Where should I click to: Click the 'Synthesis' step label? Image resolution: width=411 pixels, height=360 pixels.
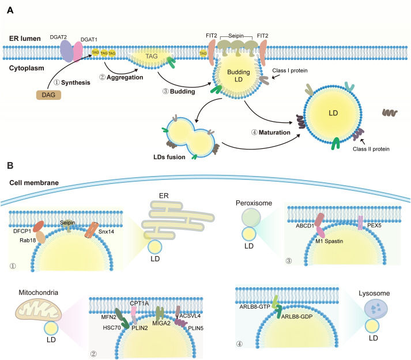(x=76, y=82)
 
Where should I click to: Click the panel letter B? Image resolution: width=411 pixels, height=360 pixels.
(x=10, y=165)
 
